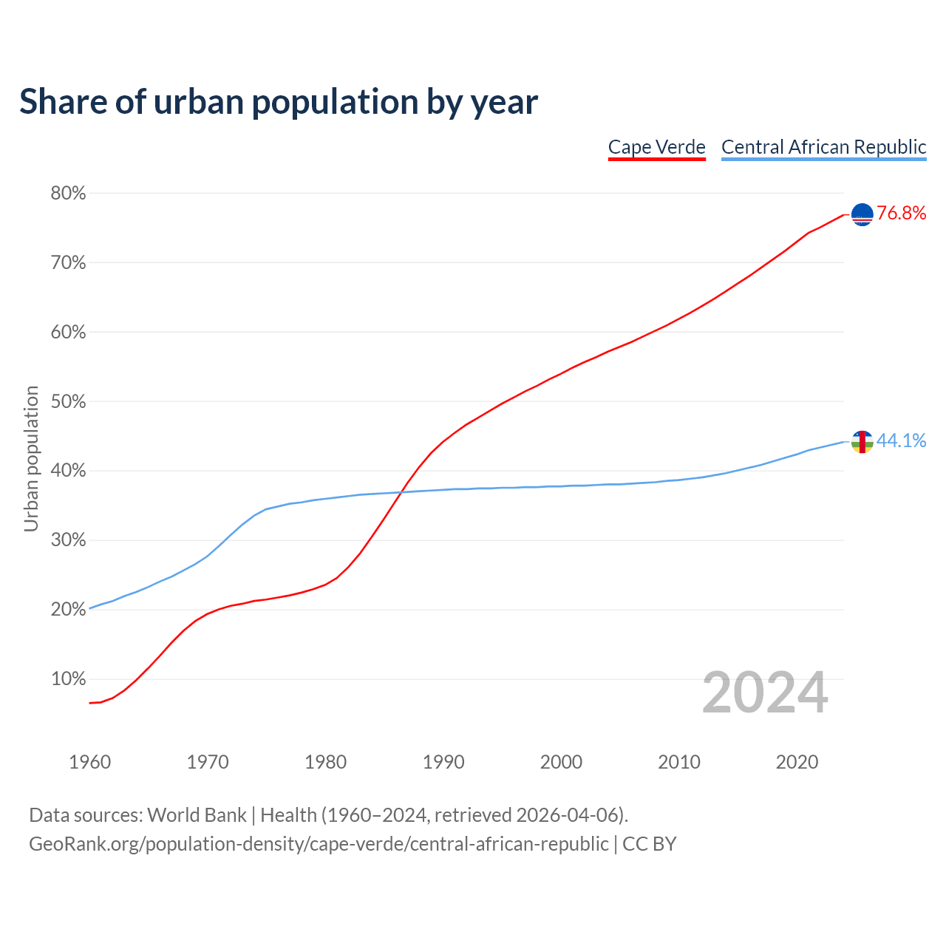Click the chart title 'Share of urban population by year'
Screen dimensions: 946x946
coord(279,102)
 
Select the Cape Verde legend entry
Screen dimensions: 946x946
coord(656,147)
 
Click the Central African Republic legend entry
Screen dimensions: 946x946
coord(823,147)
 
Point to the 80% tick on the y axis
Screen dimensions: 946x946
coord(68,194)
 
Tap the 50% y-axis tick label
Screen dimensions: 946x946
coord(68,402)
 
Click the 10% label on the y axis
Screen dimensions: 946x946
coord(68,679)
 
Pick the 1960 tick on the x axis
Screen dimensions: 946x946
coord(90,762)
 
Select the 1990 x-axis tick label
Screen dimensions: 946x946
coord(443,762)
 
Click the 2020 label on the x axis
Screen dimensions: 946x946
coord(797,762)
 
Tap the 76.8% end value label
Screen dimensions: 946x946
coord(901,214)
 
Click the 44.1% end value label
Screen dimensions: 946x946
coord(901,441)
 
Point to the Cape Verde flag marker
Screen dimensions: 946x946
coord(862,214)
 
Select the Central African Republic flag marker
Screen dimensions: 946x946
coord(862,442)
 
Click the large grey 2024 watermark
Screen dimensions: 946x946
coord(765,693)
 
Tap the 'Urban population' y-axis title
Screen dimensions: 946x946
coord(31,458)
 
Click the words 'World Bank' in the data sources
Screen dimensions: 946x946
coord(197,815)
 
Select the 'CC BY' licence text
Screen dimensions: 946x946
coord(649,844)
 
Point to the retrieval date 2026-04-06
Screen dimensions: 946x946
coord(566,815)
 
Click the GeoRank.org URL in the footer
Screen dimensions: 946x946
coord(319,844)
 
